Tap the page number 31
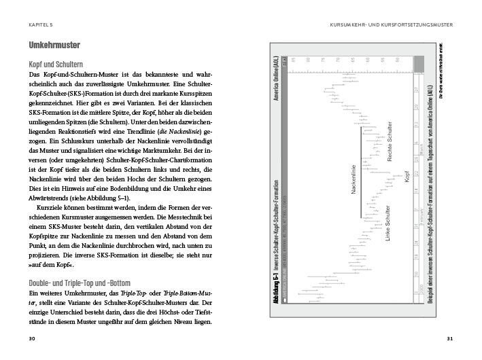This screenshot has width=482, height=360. pyautogui.click(x=449, y=338)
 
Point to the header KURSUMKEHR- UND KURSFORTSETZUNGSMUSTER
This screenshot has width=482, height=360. pyautogui.click(x=390, y=25)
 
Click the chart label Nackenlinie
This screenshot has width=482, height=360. pyautogui.click(x=355, y=182)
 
